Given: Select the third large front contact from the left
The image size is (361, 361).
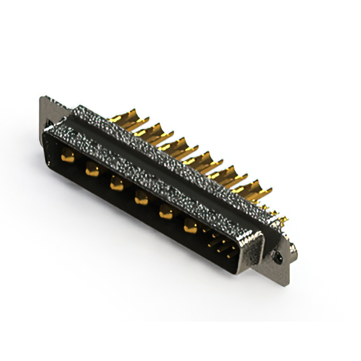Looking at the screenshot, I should pos(117,183).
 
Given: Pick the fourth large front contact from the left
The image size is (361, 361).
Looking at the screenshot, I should pos(141,198).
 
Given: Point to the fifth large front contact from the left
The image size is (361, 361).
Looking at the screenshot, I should pos(166,212).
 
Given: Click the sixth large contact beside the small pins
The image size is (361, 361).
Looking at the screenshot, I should pos(191,227).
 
